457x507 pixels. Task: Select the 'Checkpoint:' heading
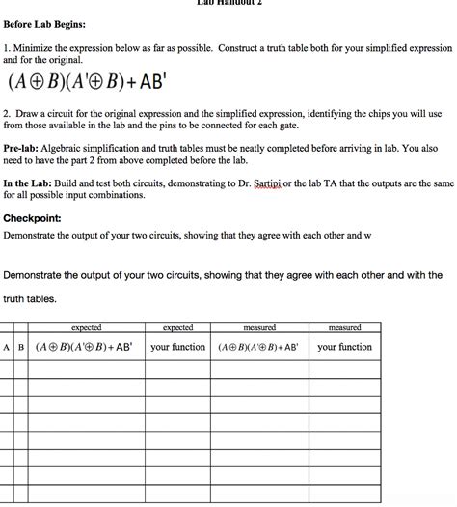(33, 217)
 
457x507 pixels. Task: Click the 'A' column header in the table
(8, 347)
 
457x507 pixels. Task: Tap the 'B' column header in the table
(21, 347)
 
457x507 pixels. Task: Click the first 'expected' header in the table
(86, 328)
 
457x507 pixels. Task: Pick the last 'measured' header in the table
(344, 328)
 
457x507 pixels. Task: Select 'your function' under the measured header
(344, 347)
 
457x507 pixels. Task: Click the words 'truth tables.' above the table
(30, 298)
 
